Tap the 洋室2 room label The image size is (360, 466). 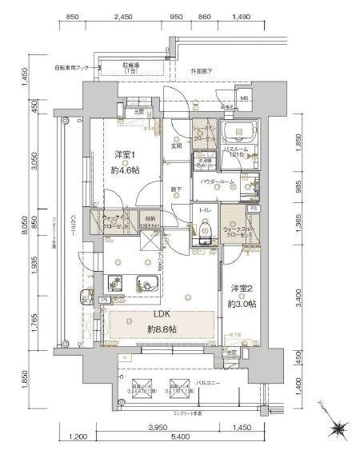[x=243, y=289]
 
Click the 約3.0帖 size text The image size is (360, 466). [x=243, y=304]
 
